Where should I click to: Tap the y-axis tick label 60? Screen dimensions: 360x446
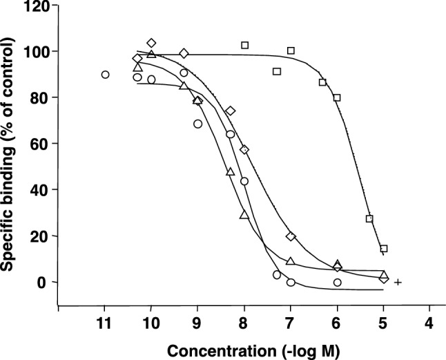point(40,144)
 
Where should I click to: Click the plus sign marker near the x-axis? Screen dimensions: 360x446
point(398,282)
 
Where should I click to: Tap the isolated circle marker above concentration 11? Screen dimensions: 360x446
point(105,75)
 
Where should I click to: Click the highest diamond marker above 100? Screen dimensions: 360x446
point(151,44)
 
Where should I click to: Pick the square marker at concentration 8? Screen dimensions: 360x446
point(244,45)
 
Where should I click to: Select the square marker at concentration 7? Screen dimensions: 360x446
point(291,50)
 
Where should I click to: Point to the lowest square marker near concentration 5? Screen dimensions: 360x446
point(384,249)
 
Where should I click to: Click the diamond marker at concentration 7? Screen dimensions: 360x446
point(291,236)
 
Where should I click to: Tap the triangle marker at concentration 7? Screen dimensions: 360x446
point(291,261)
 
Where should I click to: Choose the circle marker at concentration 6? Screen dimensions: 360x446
point(337,283)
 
